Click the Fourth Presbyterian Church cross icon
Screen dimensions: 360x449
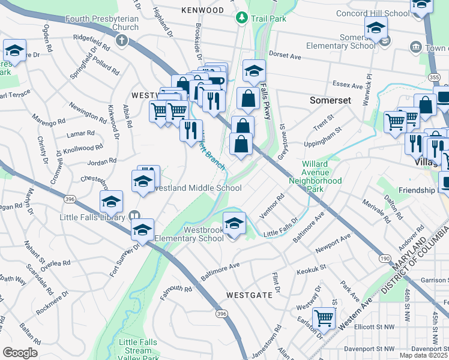[122, 41]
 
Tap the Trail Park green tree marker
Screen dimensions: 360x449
[241, 18]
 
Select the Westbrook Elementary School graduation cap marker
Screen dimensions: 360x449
[234, 224]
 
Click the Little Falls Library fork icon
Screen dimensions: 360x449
[135, 216]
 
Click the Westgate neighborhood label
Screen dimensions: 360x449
[250, 295]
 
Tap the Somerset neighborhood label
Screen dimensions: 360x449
[330, 100]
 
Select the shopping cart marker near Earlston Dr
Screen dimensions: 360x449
[324, 317]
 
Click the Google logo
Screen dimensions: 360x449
[20, 352]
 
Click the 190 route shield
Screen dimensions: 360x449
[385, 257]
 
